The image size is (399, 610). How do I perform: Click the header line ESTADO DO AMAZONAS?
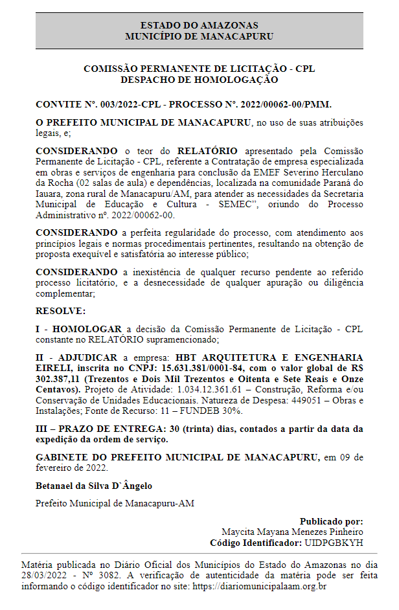click(199, 25)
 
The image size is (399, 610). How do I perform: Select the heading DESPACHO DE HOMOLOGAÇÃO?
click(199, 80)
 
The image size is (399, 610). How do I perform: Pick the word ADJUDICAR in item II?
click(89, 357)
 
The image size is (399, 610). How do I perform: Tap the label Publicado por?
click(332, 521)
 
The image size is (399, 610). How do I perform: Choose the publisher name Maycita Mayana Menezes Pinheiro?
click(292, 532)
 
